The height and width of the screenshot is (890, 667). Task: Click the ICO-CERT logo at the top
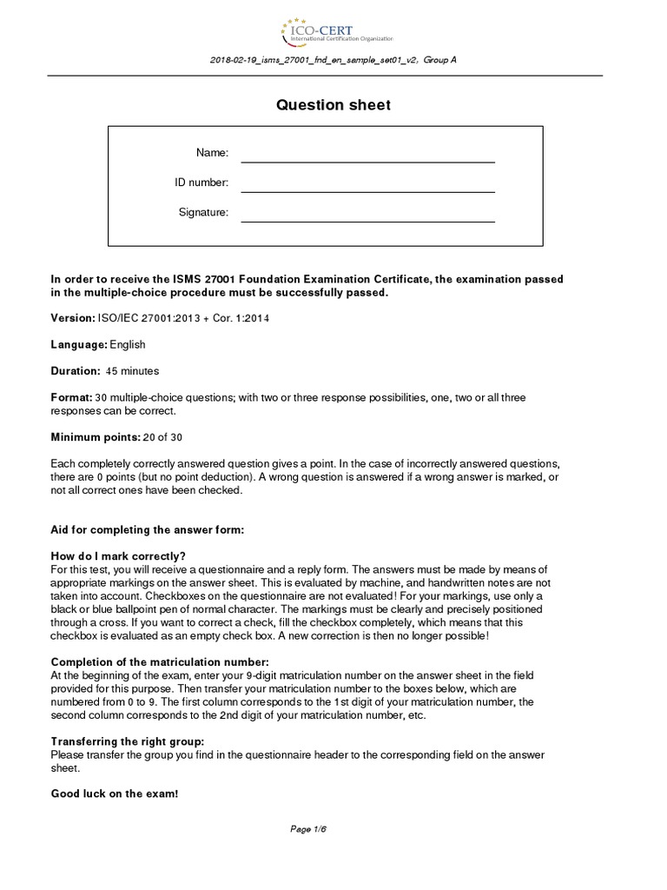(336, 32)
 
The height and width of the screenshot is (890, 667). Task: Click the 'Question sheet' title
(333, 105)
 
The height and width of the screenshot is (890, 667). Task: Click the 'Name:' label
(212, 154)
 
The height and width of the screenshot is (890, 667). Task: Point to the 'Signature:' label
(203, 213)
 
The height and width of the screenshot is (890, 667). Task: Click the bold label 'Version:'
(73, 318)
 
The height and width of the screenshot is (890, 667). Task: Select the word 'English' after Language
(128, 345)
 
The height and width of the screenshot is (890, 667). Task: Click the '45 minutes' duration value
(132, 371)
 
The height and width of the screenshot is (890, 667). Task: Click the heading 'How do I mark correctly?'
(119, 556)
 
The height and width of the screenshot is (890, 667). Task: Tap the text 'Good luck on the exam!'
(114, 794)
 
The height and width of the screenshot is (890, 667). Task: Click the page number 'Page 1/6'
(307, 829)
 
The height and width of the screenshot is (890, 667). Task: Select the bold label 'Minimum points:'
(93, 437)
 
